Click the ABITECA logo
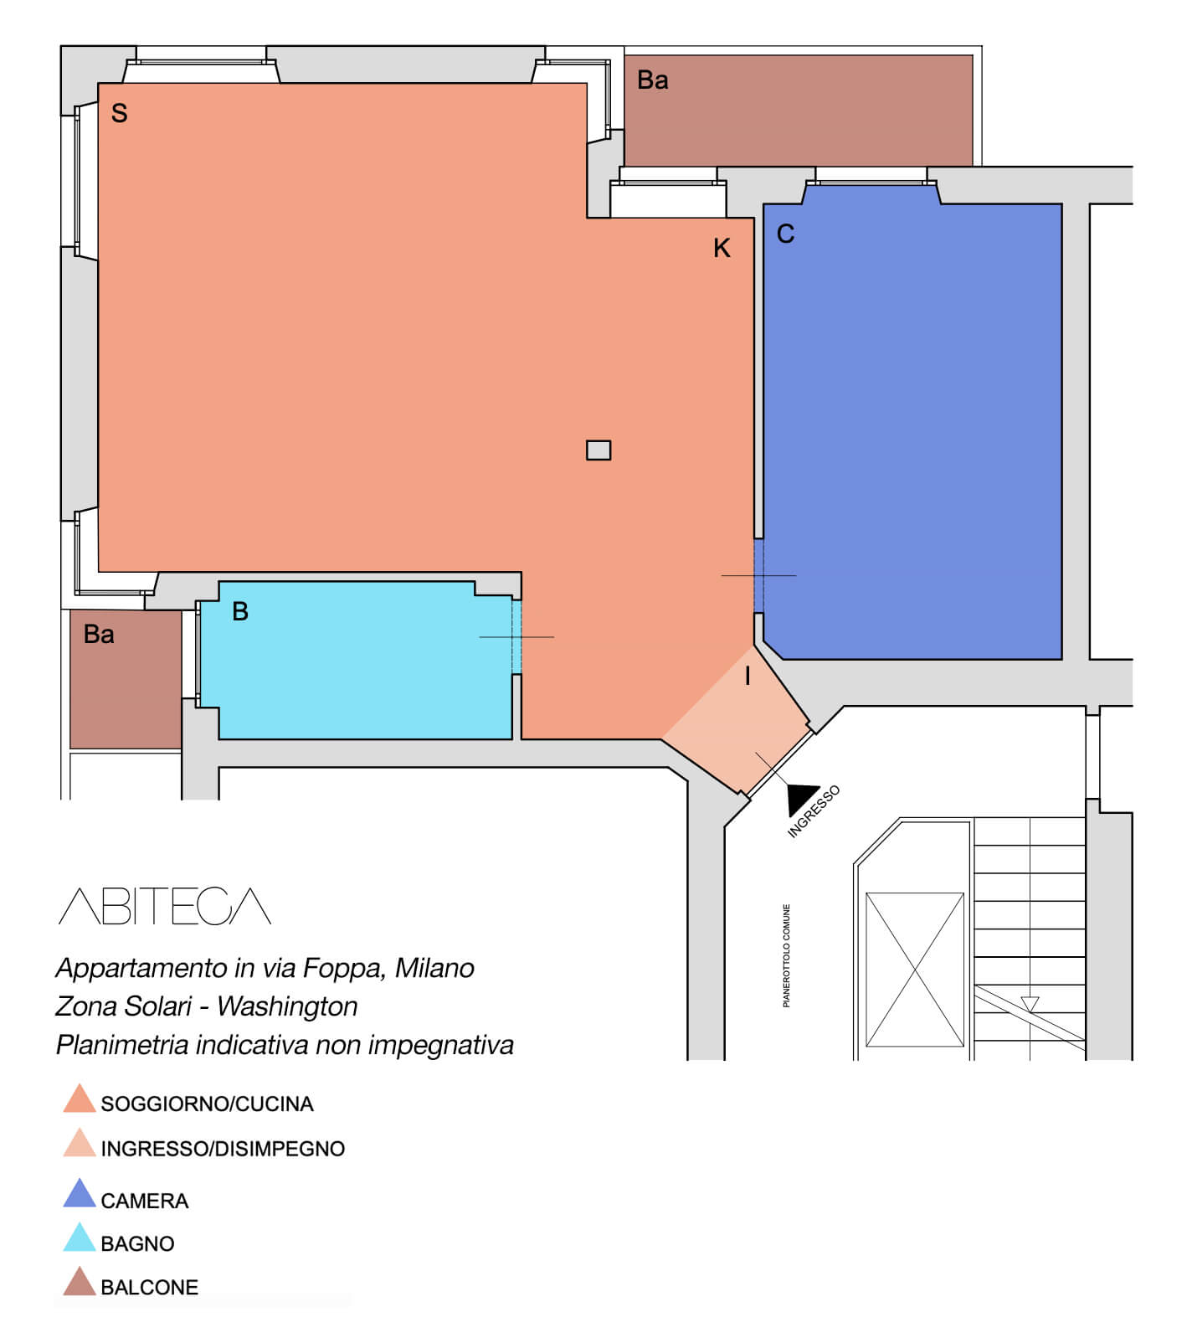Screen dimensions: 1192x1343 tap(165, 906)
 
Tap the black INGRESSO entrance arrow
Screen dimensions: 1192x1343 tap(802, 797)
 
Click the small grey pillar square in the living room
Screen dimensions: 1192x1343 tap(599, 450)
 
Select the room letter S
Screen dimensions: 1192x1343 tap(120, 113)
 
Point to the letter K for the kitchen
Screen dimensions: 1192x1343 tap(722, 248)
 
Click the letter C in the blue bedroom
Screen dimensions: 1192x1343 tap(785, 234)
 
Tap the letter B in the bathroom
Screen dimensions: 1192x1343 tap(240, 611)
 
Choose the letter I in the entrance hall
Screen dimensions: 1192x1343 tap(748, 676)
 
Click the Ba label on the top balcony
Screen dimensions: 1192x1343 tap(653, 80)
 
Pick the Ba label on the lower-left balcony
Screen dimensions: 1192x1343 tap(99, 635)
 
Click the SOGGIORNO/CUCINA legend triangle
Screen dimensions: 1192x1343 tap(80, 1099)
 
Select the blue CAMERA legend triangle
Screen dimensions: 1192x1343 tap(80, 1193)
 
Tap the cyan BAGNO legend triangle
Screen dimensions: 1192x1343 tap(80, 1238)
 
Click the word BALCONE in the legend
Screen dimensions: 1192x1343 tap(150, 1288)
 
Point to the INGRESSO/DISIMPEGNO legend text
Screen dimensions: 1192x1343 tap(223, 1149)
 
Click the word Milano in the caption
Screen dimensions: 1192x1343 tap(434, 968)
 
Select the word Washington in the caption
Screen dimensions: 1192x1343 tap(287, 1006)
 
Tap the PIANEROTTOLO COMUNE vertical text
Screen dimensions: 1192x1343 tap(787, 955)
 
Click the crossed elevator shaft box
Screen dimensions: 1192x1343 tap(915, 970)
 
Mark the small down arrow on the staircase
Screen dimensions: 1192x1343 tap(1030, 1004)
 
